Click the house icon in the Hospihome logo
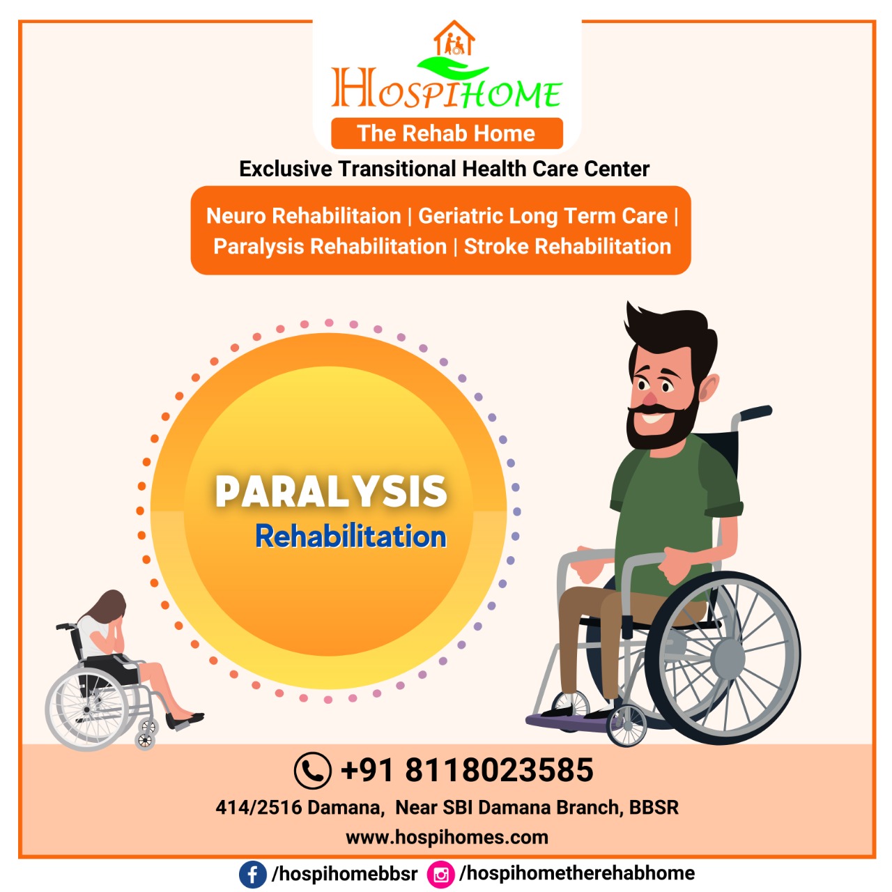[454, 38]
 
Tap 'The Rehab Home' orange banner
[447, 133]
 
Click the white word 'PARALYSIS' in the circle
[332, 491]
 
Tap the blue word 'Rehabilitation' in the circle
[351, 537]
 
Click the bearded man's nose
[650, 398]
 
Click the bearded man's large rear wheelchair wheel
[723, 657]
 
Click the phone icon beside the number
[312, 771]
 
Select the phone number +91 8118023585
[467, 770]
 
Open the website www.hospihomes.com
[447, 838]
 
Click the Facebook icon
[253, 875]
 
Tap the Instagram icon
[440, 875]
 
